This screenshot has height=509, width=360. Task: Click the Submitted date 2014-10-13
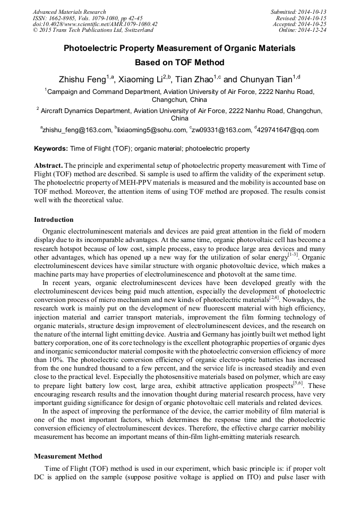point(310,12)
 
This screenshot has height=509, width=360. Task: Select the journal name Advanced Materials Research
point(69,12)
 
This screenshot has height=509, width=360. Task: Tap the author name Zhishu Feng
point(82,80)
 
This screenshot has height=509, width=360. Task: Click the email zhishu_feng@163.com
point(78,130)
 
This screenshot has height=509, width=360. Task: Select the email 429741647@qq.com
point(289,130)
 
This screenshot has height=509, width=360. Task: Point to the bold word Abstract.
point(49,166)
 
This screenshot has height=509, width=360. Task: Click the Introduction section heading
point(54,220)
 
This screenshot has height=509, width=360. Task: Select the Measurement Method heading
point(68,456)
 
